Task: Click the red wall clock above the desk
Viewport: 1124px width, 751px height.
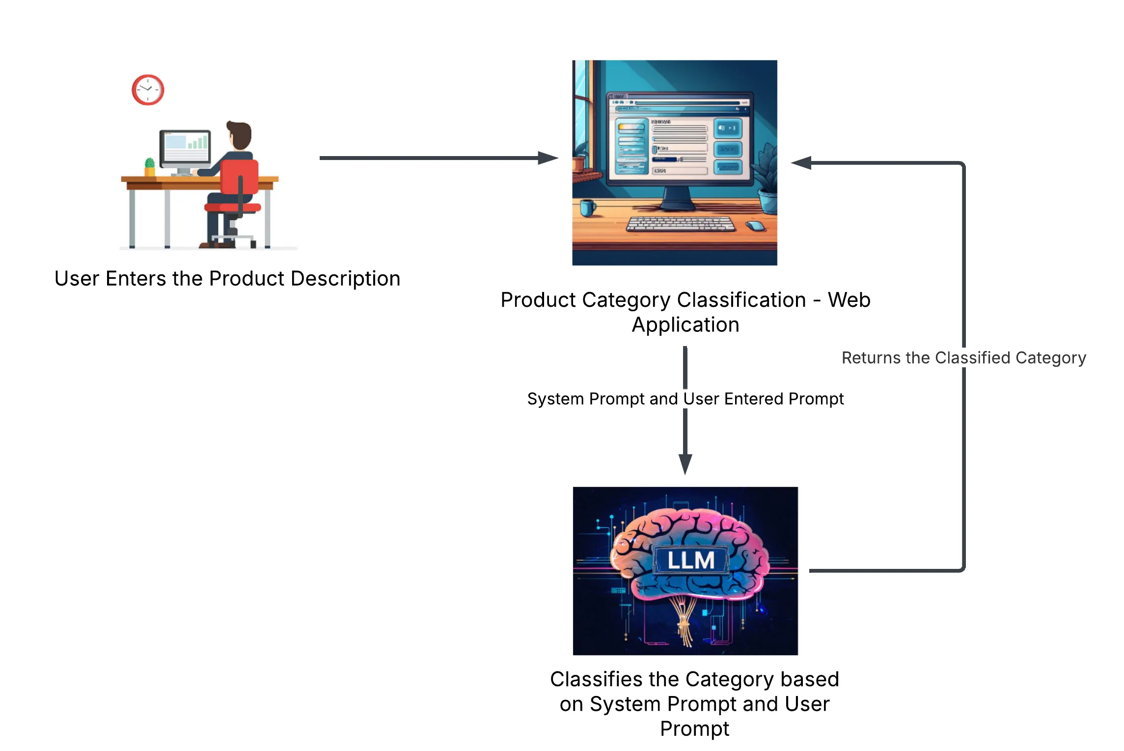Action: (148, 90)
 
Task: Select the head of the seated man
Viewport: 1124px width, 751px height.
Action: (240, 134)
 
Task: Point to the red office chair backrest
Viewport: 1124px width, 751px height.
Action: (239, 177)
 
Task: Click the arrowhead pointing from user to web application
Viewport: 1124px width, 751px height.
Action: (548, 158)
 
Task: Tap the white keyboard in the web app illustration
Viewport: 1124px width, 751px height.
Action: (681, 224)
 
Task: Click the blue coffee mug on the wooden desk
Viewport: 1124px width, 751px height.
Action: (587, 208)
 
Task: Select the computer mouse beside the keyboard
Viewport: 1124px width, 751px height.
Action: (756, 226)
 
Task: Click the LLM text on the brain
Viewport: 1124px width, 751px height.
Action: (690, 560)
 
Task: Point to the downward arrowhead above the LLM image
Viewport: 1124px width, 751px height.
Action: (685, 463)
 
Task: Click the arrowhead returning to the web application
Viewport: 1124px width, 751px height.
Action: (801, 163)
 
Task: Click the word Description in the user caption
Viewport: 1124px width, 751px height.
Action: (345, 279)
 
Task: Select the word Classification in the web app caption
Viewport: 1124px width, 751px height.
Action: (741, 300)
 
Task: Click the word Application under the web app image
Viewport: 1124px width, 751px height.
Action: (685, 325)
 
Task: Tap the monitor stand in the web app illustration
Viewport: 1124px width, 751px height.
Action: (677, 199)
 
